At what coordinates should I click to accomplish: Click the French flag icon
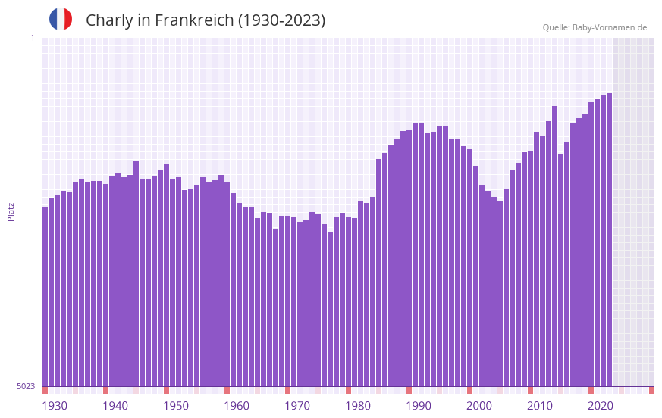[x=61, y=19]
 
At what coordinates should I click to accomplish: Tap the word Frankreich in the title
[x=194, y=20]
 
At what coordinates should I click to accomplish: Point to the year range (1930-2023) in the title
[x=281, y=20]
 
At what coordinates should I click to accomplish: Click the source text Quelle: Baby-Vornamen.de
[x=595, y=27]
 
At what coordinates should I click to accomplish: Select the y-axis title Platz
[x=11, y=211]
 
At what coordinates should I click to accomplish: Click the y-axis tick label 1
[x=32, y=38]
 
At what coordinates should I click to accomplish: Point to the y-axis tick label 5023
[x=26, y=386]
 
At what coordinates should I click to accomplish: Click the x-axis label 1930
[x=55, y=406]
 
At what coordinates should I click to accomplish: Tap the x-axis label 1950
[x=176, y=406]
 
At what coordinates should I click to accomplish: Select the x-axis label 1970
[x=297, y=406]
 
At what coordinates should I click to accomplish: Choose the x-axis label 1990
[x=419, y=406]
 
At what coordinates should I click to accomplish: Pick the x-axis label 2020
[x=601, y=406]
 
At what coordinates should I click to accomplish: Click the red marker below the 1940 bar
[x=106, y=390]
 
